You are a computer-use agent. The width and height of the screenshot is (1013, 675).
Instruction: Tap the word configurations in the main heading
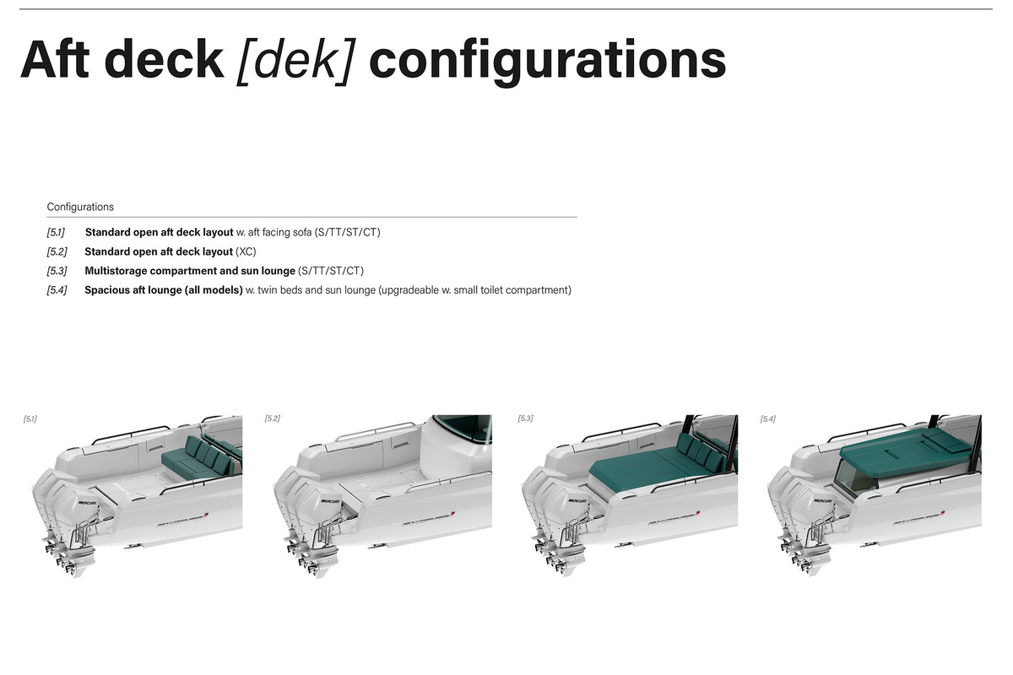coord(548,62)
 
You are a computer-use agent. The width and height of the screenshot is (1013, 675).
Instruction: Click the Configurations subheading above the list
coord(80,207)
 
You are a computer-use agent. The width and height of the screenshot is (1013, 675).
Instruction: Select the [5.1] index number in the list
coord(56,232)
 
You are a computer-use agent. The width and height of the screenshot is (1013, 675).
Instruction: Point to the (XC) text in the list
coord(246,251)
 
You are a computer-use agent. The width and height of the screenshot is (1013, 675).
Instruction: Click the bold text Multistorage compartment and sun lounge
coord(190,271)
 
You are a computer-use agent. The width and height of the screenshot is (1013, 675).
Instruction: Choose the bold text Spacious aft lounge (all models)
coord(164,290)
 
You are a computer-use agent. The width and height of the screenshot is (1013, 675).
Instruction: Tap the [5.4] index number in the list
coord(57,290)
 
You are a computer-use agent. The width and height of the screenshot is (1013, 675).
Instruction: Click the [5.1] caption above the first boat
coord(30,419)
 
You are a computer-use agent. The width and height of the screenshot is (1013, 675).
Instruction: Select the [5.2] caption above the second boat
coord(272,418)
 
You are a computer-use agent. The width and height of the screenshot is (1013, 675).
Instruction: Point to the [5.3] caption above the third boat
coord(525,418)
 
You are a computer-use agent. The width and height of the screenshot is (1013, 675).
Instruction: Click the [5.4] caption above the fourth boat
coord(768,419)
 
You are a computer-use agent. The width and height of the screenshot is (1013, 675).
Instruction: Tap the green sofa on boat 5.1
coord(199,457)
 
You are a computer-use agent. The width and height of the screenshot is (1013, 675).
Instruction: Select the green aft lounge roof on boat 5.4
coord(904,447)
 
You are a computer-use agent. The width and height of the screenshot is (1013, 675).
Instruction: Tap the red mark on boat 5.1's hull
coord(205,515)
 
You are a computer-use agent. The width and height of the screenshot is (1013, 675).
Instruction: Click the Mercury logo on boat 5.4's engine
coord(822,501)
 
